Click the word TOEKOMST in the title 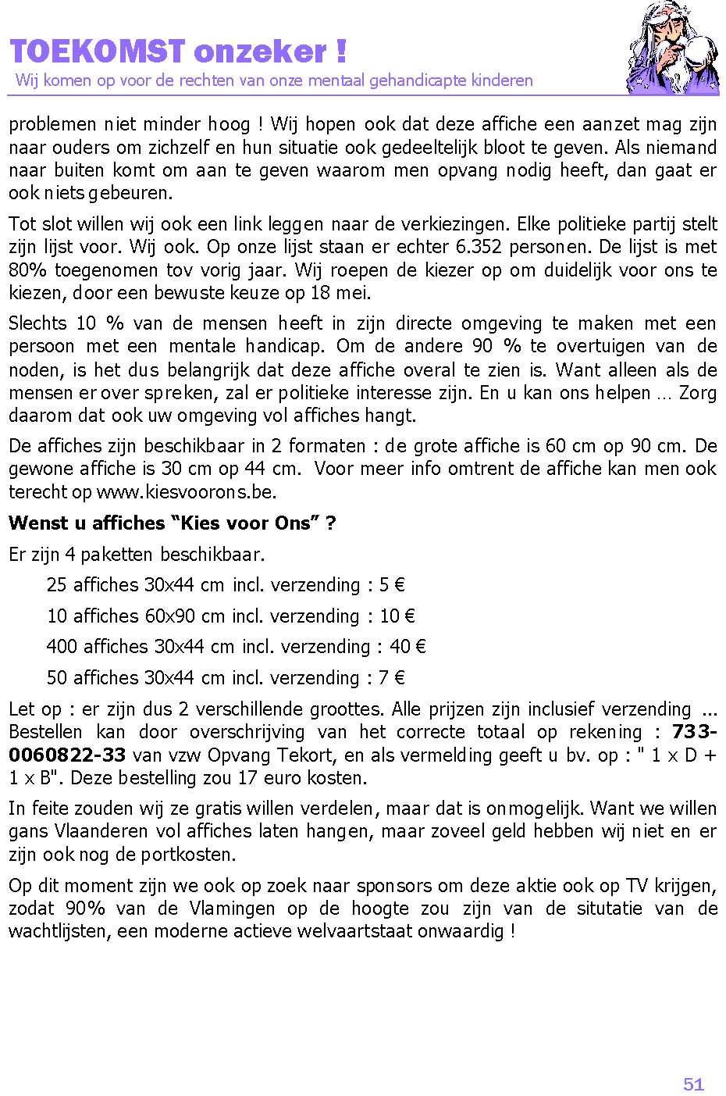click(x=98, y=52)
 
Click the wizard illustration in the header click(x=673, y=48)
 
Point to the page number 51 click(x=693, y=1084)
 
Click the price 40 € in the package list click(x=407, y=647)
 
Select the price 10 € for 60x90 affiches click(x=397, y=616)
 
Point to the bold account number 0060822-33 click(x=67, y=755)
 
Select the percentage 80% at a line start click(x=27, y=270)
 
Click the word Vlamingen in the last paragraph click(x=232, y=909)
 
